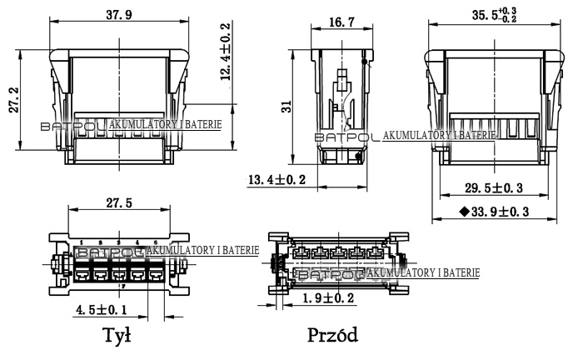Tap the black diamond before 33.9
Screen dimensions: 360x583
[463, 212]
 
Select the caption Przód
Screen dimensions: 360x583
[332, 336]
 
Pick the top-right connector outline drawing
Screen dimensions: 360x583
[491, 104]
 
